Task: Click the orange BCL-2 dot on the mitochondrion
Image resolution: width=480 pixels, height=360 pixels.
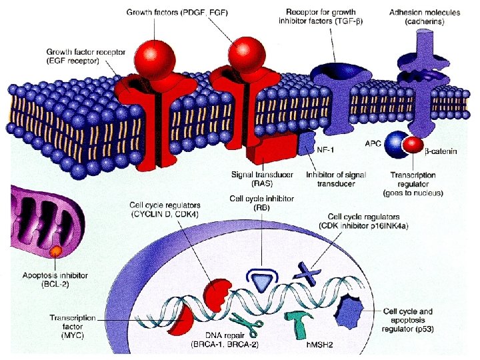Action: (56, 251)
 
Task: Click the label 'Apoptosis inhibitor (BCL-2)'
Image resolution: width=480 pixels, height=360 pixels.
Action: (45, 279)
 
